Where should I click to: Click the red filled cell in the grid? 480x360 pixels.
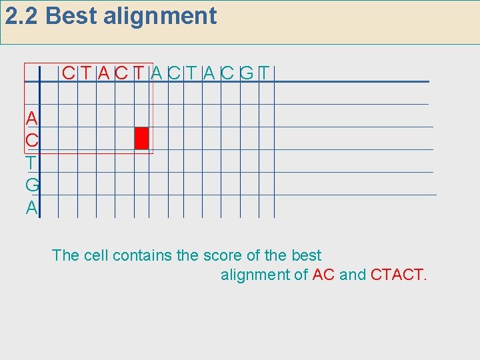click(x=141, y=138)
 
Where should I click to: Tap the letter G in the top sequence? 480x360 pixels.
click(x=247, y=72)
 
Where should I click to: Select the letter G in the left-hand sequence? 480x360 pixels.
click(x=31, y=185)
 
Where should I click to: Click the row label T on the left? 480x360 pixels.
click(x=31, y=163)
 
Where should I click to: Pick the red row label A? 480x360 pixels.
click(x=31, y=119)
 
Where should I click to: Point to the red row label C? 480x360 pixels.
click(x=31, y=141)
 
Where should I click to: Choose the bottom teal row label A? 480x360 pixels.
click(x=31, y=207)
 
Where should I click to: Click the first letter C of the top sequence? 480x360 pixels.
click(x=68, y=72)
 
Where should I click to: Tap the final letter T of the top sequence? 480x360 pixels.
click(x=265, y=72)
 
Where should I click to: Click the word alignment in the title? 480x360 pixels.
click(x=160, y=16)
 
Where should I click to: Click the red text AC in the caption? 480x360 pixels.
click(x=323, y=274)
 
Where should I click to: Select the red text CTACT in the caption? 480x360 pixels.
click(x=398, y=274)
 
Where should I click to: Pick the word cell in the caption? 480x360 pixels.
click(x=97, y=255)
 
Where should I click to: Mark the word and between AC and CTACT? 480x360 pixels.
click(x=353, y=274)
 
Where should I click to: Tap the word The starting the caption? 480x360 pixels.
click(x=65, y=255)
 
